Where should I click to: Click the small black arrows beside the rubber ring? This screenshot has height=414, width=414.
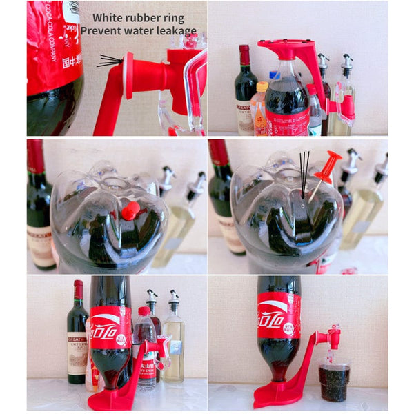click(109, 61)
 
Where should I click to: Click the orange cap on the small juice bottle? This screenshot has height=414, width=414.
click(262, 87)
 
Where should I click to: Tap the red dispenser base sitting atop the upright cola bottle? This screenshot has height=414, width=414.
click(290, 49)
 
